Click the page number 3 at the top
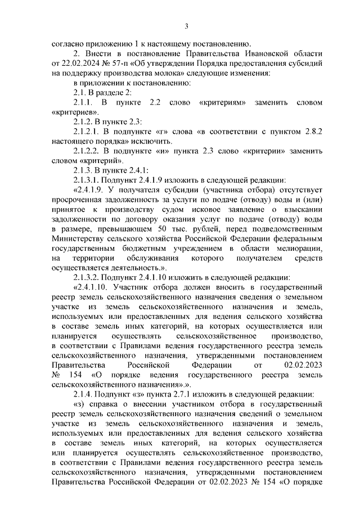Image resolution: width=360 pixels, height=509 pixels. coord(186,25)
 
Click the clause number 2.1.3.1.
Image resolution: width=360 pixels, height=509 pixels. coord(87,181)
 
